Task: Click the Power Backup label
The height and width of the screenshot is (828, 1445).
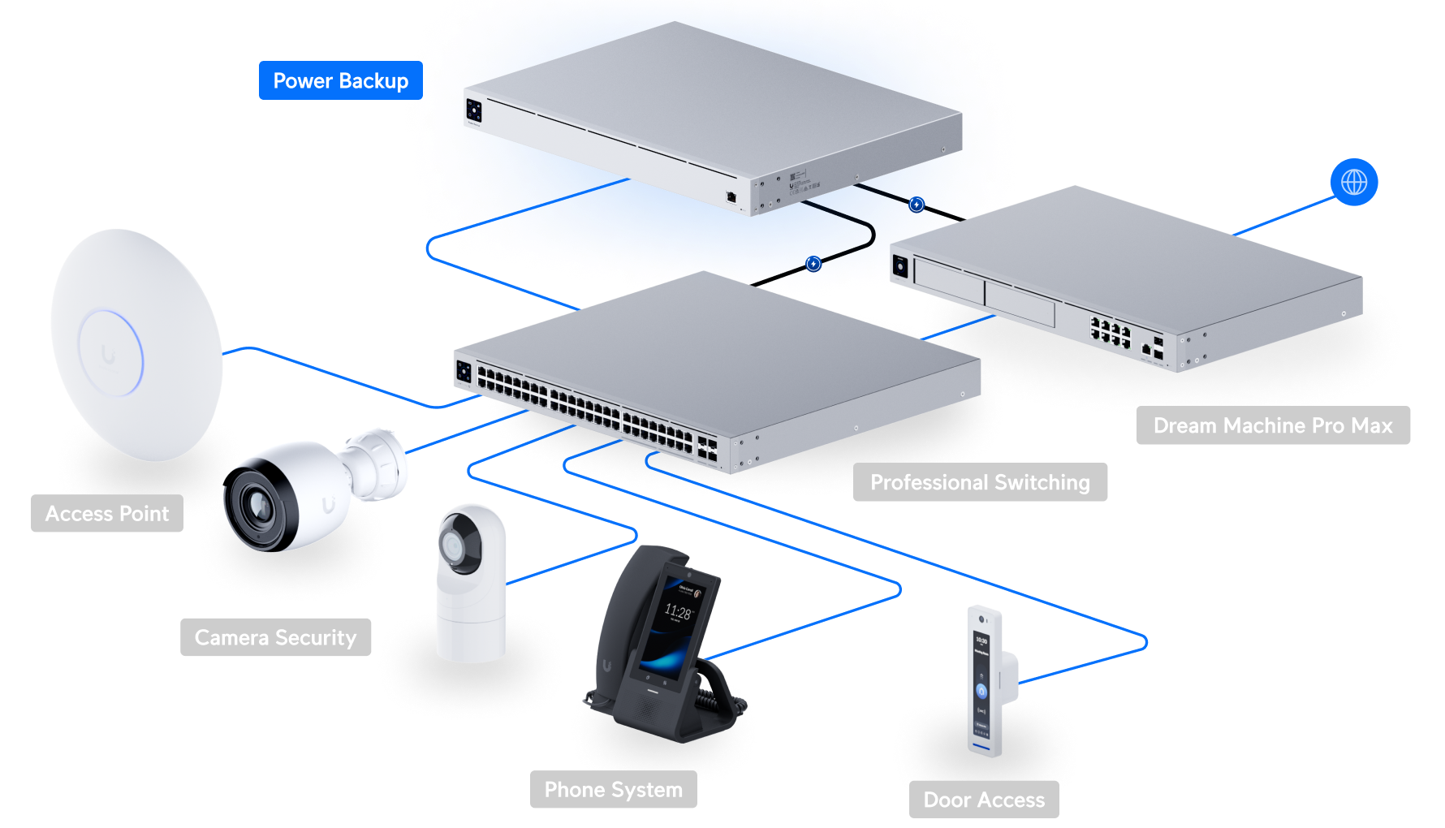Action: pyautogui.click(x=340, y=81)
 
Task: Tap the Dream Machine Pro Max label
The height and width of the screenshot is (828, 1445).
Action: pyautogui.click(x=1272, y=425)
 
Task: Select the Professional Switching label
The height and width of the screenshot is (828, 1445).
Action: pyautogui.click(x=980, y=482)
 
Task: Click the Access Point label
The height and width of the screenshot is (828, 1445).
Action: pyautogui.click(x=107, y=513)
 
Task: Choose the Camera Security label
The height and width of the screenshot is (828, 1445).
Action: pyautogui.click(x=275, y=637)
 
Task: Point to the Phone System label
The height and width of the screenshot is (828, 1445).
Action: pyautogui.click(x=613, y=790)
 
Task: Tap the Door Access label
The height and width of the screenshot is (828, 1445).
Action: pyautogui.click(x=984, y=800)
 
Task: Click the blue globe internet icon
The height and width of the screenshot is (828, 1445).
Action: pyautogui.click(x=1353, y=182)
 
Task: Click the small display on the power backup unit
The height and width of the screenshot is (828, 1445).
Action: pyautogui.click(x=473, y=111)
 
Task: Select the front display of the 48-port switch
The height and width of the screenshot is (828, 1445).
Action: pyautogui.click(x=464, y=373)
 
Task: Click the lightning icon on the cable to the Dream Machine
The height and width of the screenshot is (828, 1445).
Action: pyautogui.click(x=917, y=205)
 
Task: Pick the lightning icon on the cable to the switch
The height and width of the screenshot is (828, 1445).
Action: pyautogui.click(x=813, y=264)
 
